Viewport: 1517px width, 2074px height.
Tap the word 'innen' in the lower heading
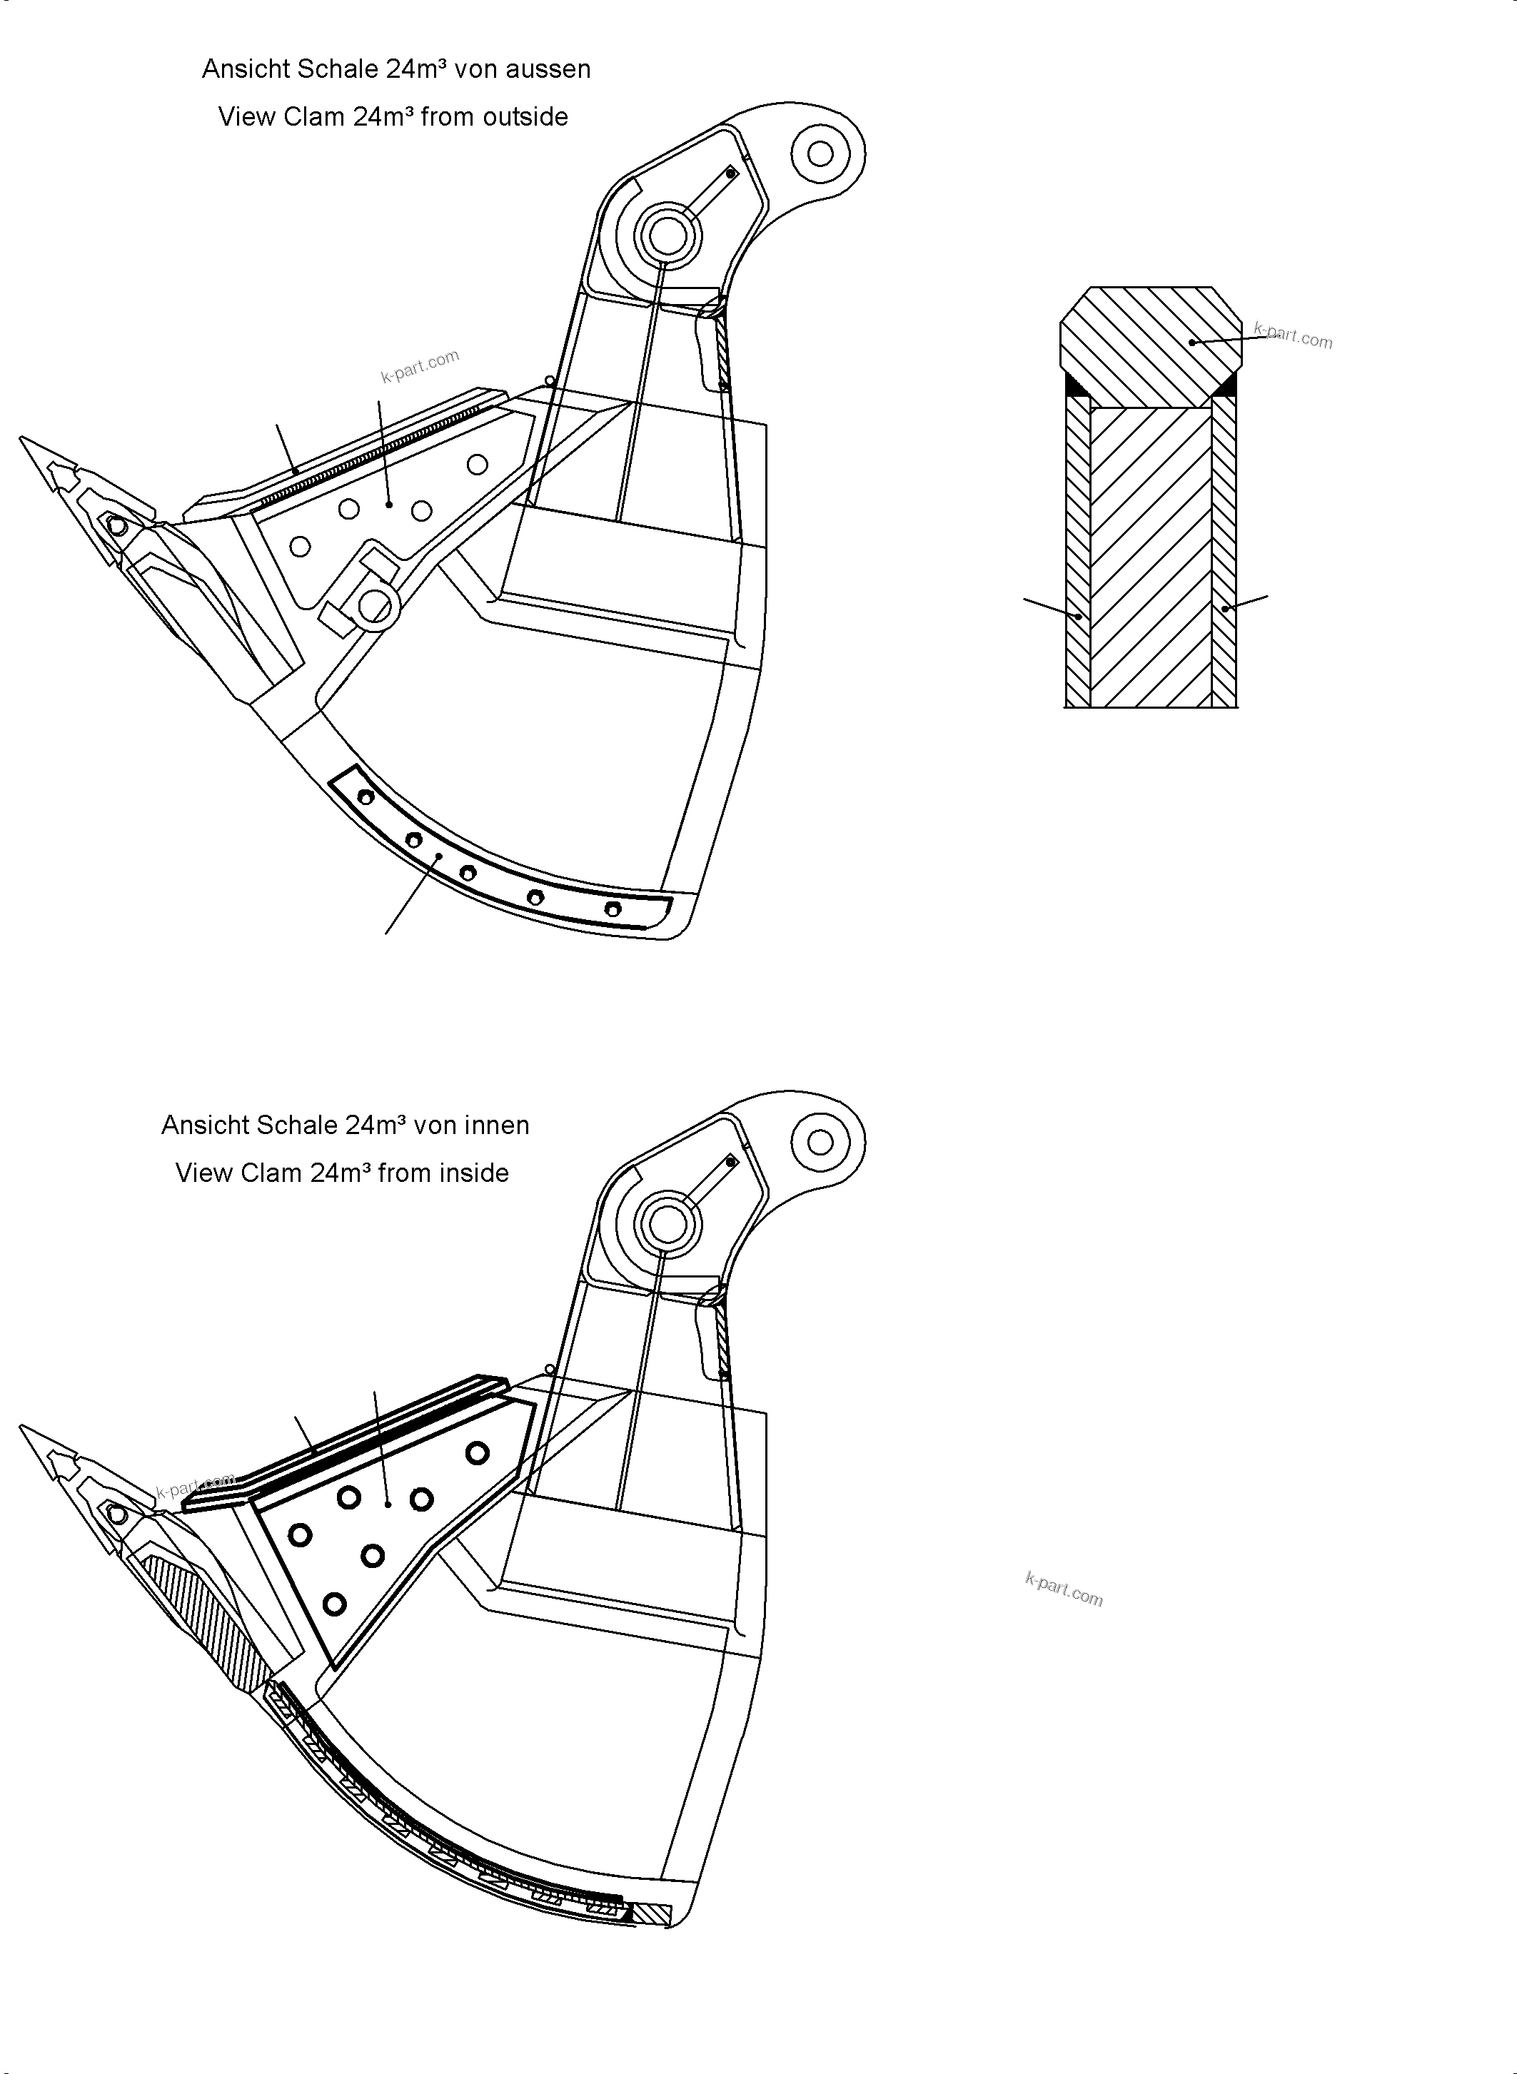click(497, 1125)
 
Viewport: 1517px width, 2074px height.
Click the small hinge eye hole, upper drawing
click(820, 153)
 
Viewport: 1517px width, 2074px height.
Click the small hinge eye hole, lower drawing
click(820, 1142)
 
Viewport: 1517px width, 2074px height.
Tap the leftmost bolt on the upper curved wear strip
click(366, 796)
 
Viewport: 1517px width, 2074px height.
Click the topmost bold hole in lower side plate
click(477, 1452)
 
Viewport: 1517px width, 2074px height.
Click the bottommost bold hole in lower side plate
click(334, 1604)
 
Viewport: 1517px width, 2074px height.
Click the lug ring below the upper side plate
click(376, 605)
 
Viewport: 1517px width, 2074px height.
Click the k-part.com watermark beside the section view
click(1293, 336)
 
